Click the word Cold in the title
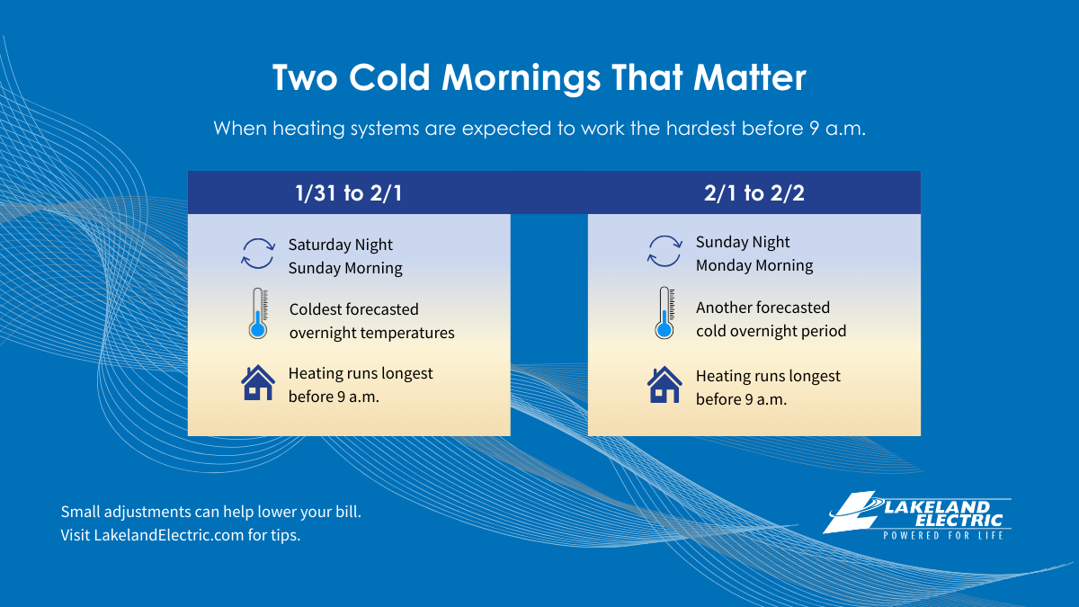pos(389,77)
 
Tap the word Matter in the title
pos(749,77)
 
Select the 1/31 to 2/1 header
pos(349,193)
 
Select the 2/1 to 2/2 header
pos(754,193)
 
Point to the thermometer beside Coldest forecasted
pos(258,314)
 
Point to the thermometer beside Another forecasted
pos(664,313)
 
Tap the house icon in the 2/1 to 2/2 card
pos(664,385)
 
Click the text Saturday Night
pos(341,245)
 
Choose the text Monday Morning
pos(754,265)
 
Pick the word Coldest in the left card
pos(316,308)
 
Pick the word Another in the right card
pos(724,308)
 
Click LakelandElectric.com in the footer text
pos(169,535)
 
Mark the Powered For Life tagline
pos(943,535)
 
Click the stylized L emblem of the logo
pos(852,512)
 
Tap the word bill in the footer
pos(348,512)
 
